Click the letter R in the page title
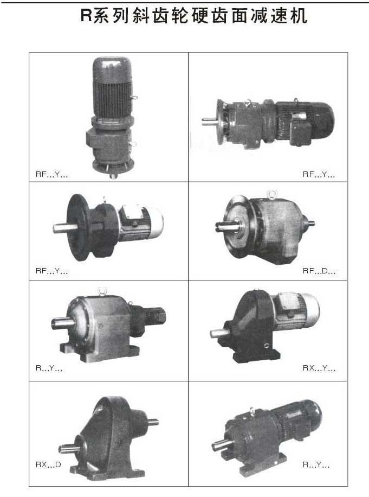click(x=86, y=15)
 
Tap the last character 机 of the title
click(x=299, y=16)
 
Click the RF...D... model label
click(x=319, y=271)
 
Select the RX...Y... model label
click(x=319, y=368)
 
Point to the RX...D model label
click(x=48, y=464)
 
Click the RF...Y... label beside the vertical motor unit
click(x=51, y=174)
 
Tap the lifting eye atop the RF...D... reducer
click(x=272, y=194)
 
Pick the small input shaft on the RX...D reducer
click(x=152, y=422)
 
